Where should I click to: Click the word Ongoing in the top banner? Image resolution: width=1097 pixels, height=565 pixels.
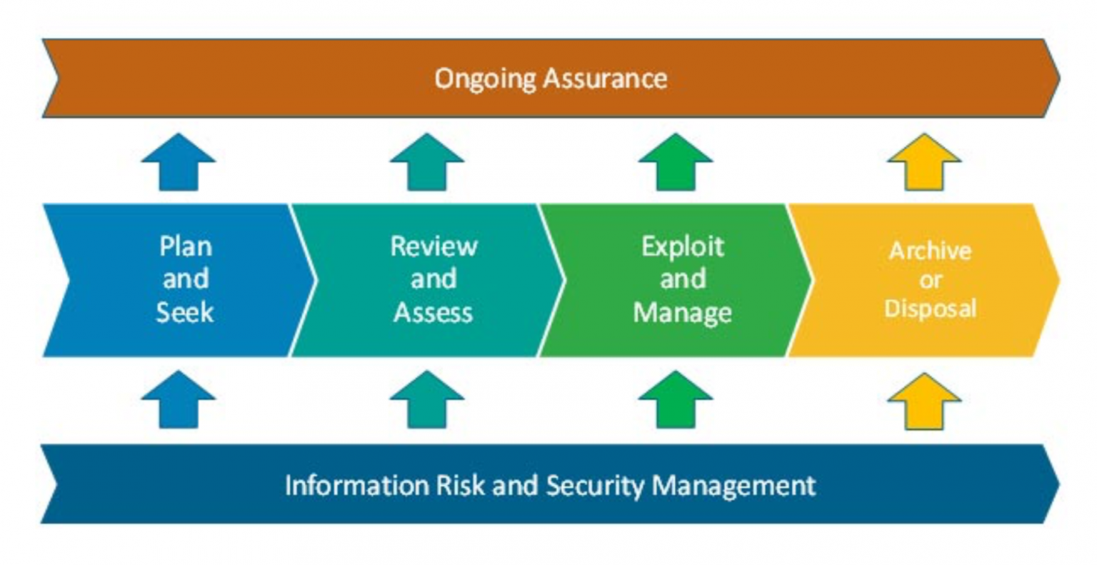[x=486, y=79]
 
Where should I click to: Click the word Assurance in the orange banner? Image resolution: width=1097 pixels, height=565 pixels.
[x=606, y=79]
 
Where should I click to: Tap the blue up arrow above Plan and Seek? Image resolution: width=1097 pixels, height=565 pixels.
[x=179, y=162]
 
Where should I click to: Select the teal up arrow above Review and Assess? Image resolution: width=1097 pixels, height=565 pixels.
[x=426, y=162]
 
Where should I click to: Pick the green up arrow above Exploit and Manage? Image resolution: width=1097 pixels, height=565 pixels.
[x=676, y=162]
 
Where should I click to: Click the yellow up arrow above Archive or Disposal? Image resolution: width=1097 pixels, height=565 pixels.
[x=924, y=162]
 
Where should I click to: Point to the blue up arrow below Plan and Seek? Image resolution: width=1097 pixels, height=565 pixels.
[x=179, y=399]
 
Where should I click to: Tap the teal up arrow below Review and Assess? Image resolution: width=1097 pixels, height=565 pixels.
[x=426, y=399]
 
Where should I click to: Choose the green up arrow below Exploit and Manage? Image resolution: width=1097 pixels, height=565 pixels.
[x=676, y=399]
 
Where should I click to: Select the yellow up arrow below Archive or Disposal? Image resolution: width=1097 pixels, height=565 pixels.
[x=924, y=401]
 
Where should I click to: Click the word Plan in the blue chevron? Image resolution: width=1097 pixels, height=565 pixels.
[x=186, y=246]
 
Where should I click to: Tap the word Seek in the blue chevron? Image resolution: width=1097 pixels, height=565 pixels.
[x=185, y=312]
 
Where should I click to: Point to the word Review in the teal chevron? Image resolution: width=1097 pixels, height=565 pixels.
[x=434, y=246]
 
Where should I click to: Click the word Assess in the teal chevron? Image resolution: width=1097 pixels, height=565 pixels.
[x=434, y=312]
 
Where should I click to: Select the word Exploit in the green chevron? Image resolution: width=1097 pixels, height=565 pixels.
[x=683, y=247]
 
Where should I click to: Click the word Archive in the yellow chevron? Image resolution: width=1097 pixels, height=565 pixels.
[x=930, y=251]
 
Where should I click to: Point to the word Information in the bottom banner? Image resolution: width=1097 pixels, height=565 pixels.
[x=357, y=486]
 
